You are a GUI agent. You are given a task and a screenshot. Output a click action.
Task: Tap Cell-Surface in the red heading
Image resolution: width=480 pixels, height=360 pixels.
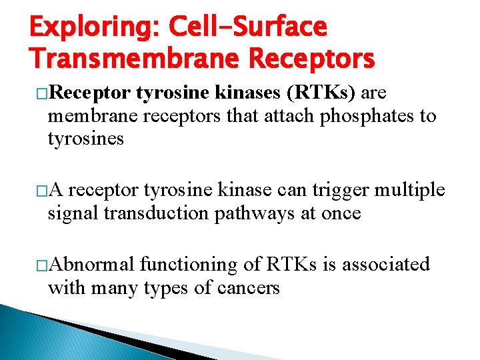(x=248, y=28)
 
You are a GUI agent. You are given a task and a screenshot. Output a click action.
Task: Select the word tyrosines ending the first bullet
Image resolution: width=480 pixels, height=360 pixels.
(x=85, y=139)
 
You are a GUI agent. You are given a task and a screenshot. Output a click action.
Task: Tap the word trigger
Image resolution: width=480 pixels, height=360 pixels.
(x=337, y=190)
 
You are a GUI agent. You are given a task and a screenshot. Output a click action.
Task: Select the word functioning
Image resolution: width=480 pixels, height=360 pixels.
(x=182, y=265)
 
